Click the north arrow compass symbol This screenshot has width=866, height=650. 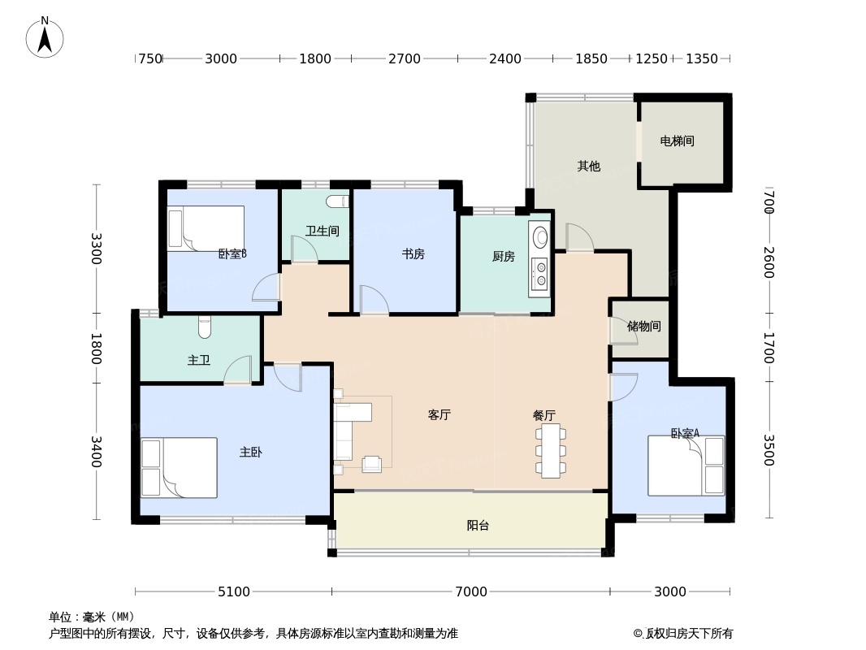click(x=45, y=37)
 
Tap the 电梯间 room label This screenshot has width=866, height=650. click(x=677, y=141)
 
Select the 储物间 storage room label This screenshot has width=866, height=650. click(x=644, y=327)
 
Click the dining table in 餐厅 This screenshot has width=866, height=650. click(x=551, y=451)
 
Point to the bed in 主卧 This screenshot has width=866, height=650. click(x=179, y=468)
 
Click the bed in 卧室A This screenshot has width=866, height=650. click(x=686, y=466)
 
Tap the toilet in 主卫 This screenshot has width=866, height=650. click(x=205, y=327)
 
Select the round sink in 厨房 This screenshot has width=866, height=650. click(x=539, y=237)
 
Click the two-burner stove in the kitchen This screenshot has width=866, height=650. click(x=539, y=275)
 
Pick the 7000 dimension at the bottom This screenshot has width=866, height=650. click(x=471, y=591)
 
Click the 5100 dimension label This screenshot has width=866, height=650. click(x=234, y=591)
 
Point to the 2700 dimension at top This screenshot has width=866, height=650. click(x=405, y=58)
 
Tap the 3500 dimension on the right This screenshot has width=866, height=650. click(x=769, y=450)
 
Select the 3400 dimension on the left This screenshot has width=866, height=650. click(x=97, y=452)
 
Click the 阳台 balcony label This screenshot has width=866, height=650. click(x=478, y=526)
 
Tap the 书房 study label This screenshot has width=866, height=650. click(x=414, y=254)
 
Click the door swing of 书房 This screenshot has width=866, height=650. click(x=374, y=300)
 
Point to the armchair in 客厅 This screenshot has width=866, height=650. click(x=372, y=465)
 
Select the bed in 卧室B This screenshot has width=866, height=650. click(x=206, y=228)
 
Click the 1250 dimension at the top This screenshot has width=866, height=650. click(x=652, y=58)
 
